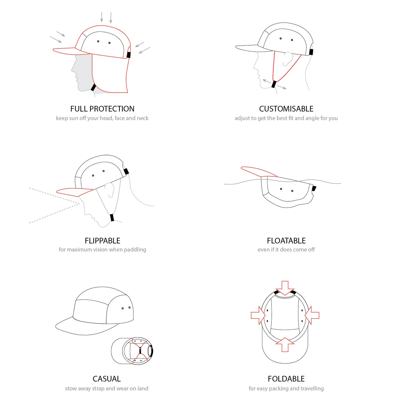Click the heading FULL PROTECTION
[102, 109]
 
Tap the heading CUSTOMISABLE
[286, 109]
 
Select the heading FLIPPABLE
[102, 241]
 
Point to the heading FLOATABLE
[286, 241]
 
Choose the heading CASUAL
[107, 379]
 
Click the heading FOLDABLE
[286, 379]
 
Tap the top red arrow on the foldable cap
[285, 288]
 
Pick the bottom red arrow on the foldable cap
[285, 345]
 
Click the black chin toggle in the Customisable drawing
[274, 84]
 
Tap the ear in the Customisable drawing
[288, 59]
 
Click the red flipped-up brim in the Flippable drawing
[74, 192]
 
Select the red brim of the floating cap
[259, 172]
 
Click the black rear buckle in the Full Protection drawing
[129, 55]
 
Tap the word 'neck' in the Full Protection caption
[143, 118]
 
